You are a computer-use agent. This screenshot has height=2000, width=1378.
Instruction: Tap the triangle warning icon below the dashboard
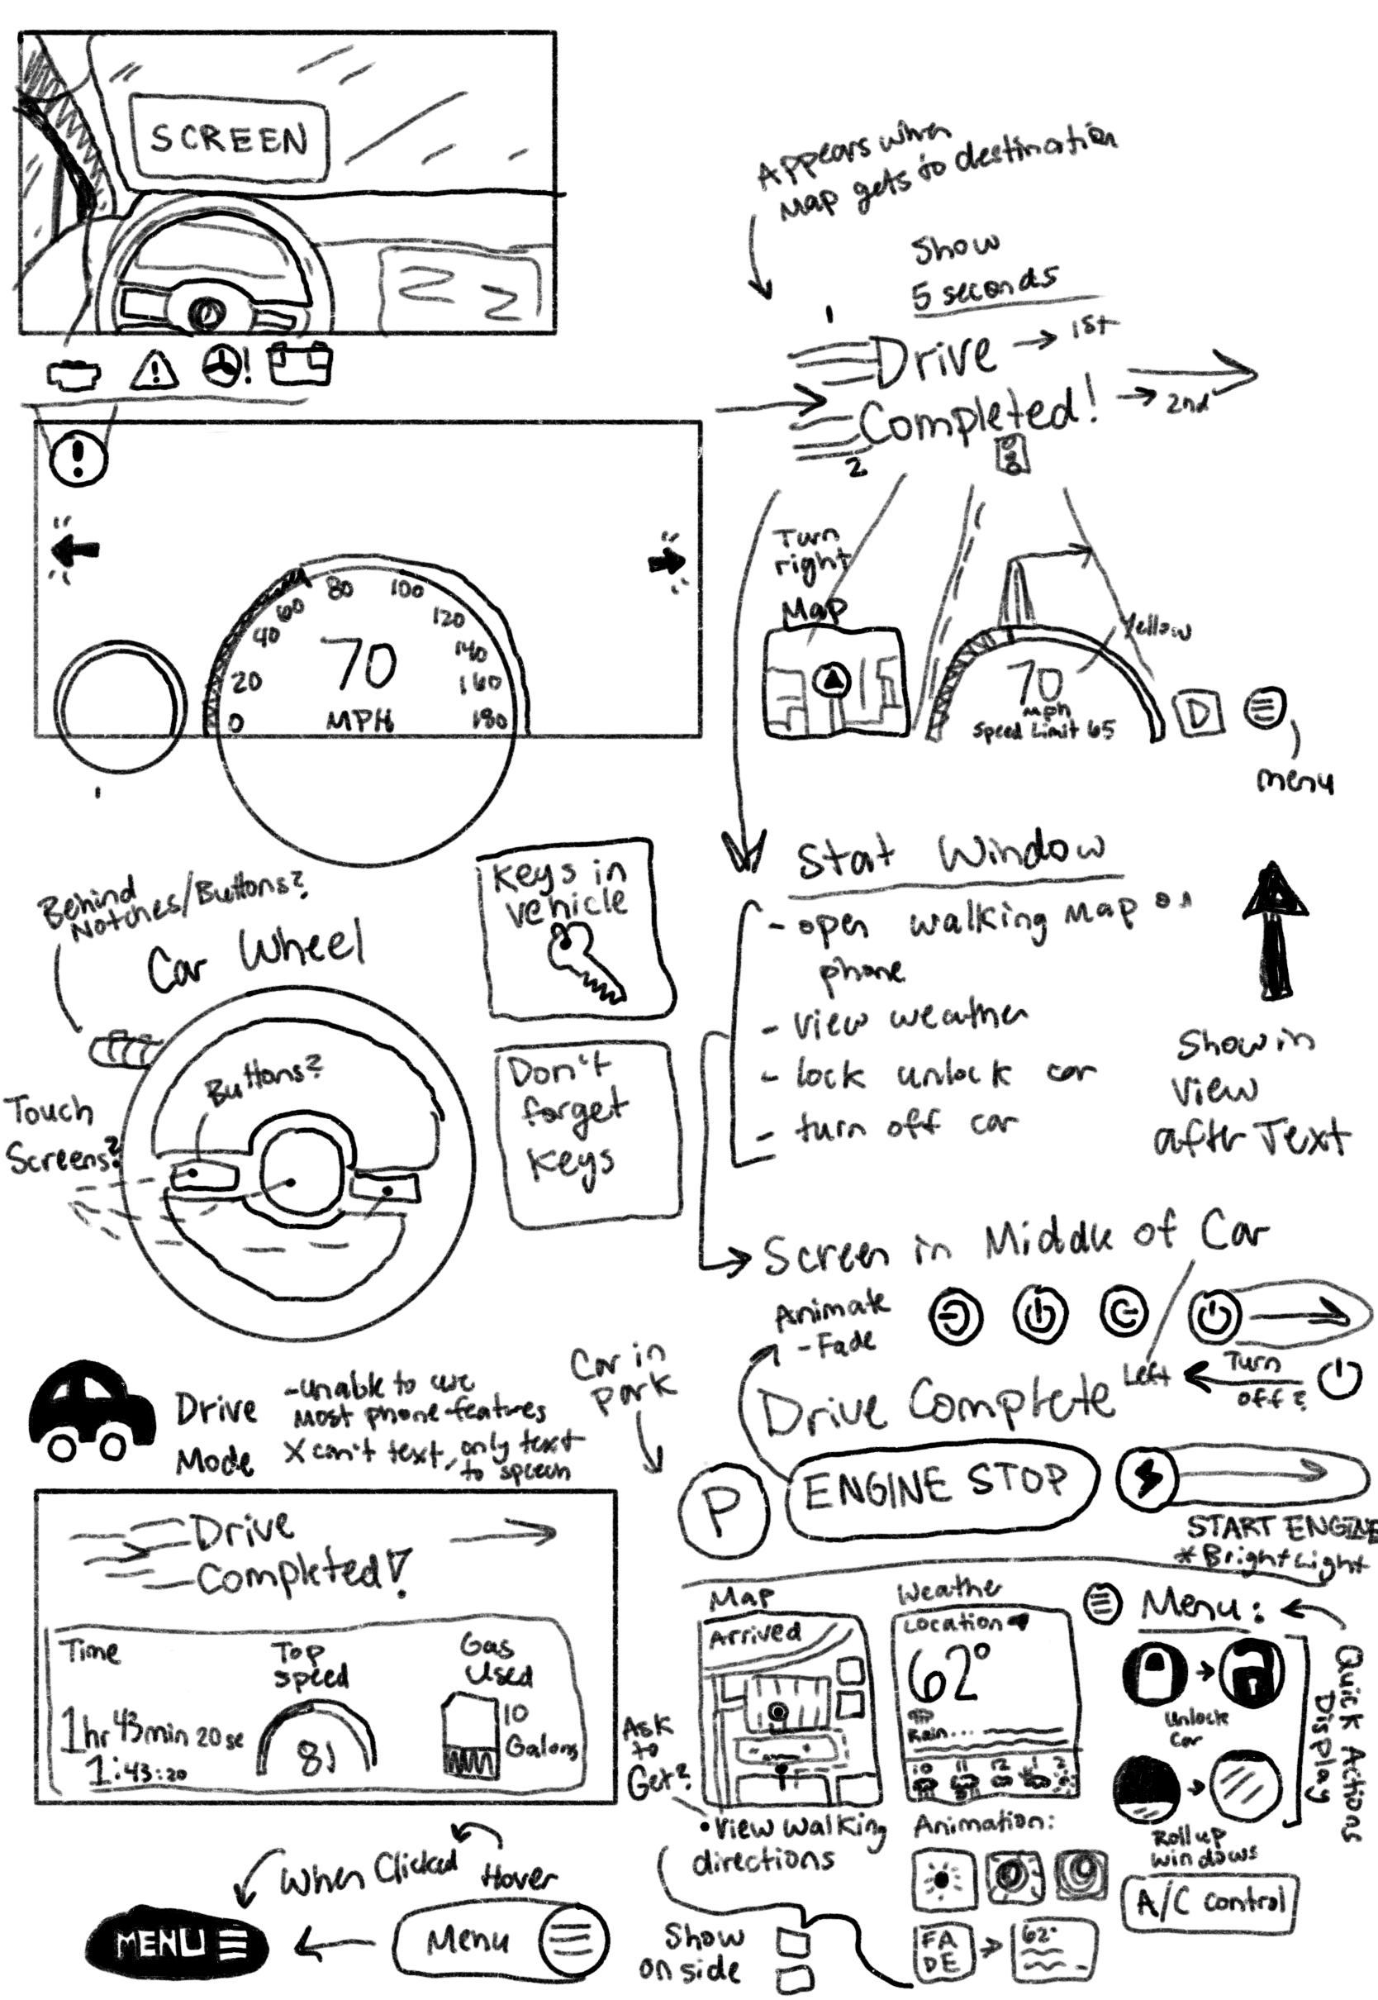click(154, 370)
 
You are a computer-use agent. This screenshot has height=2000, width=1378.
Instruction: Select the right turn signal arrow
click(667, 562)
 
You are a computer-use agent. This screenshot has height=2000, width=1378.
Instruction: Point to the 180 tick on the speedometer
click(490, 718)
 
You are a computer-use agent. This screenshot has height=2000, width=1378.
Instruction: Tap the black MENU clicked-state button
click(177, 1943)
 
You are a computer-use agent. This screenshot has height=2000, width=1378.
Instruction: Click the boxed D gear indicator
click(1200, 712)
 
